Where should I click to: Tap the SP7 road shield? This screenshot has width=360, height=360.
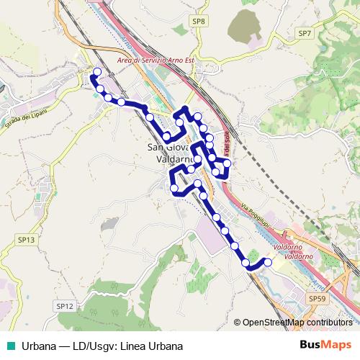304,33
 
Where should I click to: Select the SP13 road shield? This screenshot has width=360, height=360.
26,239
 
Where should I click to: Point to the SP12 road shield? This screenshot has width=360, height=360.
64,306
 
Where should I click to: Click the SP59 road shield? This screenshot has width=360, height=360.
316,297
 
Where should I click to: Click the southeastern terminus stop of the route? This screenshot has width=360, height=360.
269,262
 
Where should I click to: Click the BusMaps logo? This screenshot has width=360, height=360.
325,345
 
